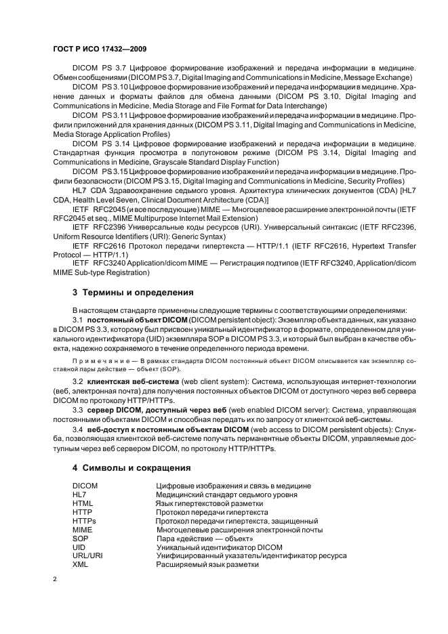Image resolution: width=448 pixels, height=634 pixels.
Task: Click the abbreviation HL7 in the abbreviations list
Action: point(79,495)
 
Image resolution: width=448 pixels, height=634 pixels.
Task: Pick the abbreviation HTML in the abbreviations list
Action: point(83,504)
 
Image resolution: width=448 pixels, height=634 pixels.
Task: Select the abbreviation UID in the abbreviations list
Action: point(79,547)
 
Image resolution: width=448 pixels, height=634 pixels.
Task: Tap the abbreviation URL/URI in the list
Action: point(87,555)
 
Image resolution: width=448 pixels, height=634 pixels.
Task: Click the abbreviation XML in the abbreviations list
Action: point(80,564)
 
